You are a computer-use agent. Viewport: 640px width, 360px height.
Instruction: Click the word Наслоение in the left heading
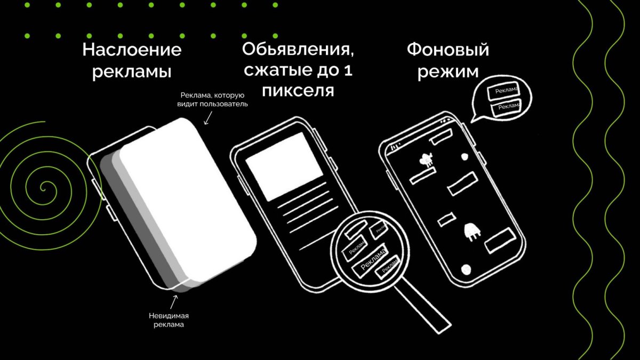(x=132, y=51)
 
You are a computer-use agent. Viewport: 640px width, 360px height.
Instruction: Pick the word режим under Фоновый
(x=447, y=71)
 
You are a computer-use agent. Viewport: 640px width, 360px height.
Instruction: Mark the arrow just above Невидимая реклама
(x=174, y=301)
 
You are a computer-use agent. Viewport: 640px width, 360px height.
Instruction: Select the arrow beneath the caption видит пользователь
(x=207, y=118)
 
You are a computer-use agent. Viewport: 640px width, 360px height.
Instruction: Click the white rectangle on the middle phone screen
(x=284, y=159)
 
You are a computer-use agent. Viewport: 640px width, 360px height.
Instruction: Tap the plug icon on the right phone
(x=472, y=231)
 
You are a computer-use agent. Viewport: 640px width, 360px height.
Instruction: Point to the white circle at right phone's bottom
(x=467, y=269)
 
